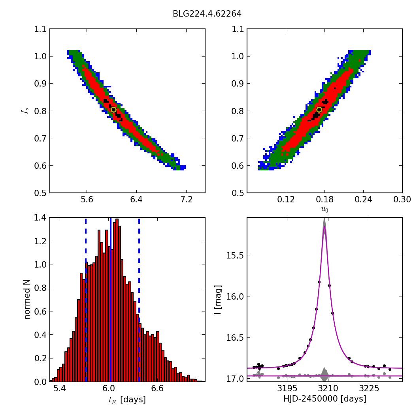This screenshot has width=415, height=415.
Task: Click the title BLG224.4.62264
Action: pos(207,14)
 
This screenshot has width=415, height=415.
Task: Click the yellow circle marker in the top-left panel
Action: pos(113,109)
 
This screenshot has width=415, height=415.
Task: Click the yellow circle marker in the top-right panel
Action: pos(319,109)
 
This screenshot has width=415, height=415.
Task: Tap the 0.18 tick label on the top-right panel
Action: pos(324,200)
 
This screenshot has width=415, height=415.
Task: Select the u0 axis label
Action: pos(324,209)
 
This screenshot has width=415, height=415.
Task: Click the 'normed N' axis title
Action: pos(27,299)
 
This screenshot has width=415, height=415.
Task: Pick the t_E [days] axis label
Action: pos(127,400)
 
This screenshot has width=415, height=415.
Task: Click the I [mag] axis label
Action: pos(218,299)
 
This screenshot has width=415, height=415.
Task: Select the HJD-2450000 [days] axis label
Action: pos(324,399)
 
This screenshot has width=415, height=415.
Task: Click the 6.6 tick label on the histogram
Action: pos(157,389)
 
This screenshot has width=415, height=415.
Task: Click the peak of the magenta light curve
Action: pos(324,226)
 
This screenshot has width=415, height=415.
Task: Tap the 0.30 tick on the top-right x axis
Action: pos(402,200)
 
